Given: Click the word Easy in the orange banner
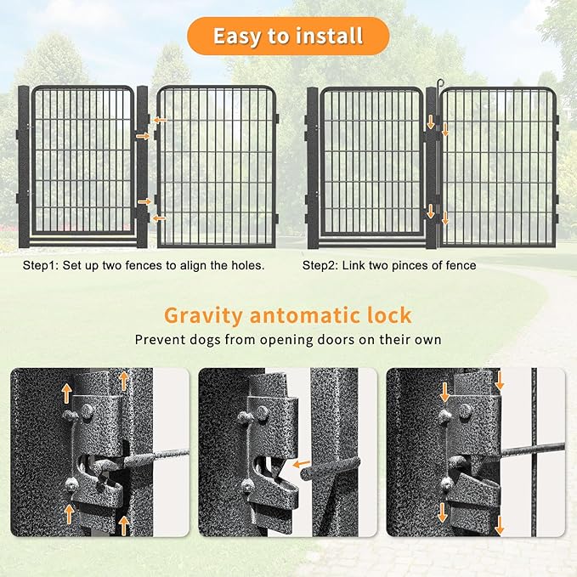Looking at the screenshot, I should (x=236, y=37).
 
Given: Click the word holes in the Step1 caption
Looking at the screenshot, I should (x=246, y=265).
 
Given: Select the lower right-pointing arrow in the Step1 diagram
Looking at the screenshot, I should (x=145, y=201).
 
